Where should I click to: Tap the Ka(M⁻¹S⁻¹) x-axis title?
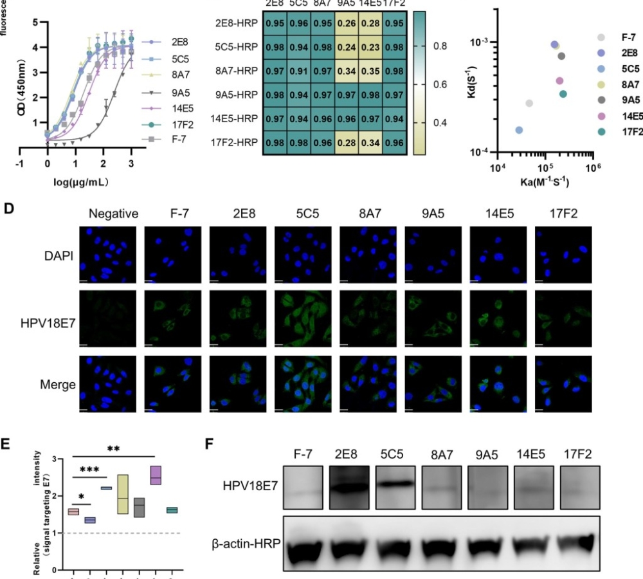[x=543, y=181]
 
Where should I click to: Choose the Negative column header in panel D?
[x=114, y=214]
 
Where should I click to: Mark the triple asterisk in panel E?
[x=89, y=470]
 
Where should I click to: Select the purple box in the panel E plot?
[x=155, y=475]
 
